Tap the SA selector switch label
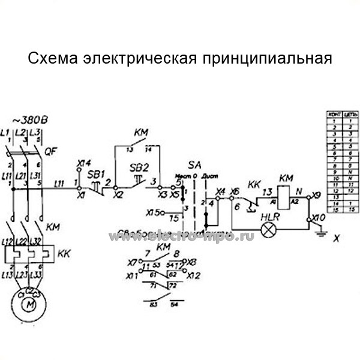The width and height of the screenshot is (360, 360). pyautogui.click(x=194, y=164)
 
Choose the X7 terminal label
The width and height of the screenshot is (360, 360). pyautogui.click(x=132, y=262)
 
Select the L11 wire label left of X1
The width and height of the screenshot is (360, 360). pyautogui.click(x=59, y=183)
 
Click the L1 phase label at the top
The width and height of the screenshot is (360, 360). pyautogui.click(x=6, y=131)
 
